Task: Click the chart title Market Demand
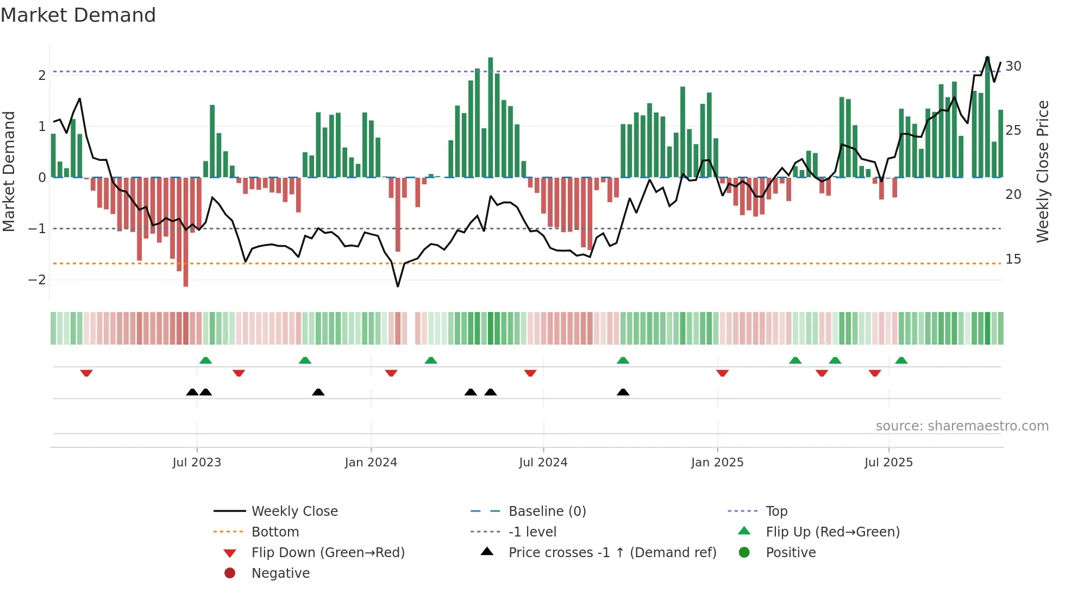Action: (78, 15)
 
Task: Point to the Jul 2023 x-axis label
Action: (197, 463)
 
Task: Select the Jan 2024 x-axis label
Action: (371, 463)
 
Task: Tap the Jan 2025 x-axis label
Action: (717, 463)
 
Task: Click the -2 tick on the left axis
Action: (37, 280)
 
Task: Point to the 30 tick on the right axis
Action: (1013, 66)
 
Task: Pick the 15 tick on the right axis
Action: (1013, 259)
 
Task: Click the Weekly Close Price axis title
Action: (1042, 171)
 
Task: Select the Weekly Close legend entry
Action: (294, 511)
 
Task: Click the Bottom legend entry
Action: (275, 532)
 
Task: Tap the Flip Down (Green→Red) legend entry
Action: (328, 553)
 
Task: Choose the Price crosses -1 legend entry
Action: (612, 553)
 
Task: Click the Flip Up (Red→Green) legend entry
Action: (832, 532)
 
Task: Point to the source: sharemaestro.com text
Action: (962, 426)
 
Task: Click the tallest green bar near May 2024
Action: (490, 117)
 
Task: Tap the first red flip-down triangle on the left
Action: (86, 373)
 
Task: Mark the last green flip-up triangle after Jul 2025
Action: (901, 360)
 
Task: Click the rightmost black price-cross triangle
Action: (623, 392)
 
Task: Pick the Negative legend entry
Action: (280, 573)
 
